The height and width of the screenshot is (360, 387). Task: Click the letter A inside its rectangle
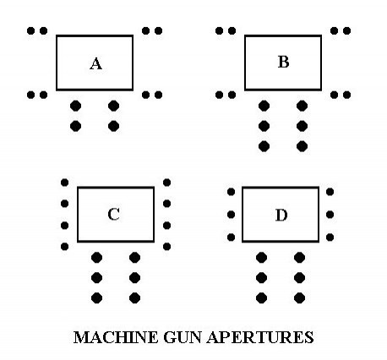point(95,63)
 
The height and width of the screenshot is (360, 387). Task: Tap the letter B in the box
point(283,62)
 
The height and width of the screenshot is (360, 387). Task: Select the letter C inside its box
point(114,214)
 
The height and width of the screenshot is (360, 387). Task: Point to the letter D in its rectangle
point(281,215)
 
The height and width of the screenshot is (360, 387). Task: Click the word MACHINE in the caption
point(116,337)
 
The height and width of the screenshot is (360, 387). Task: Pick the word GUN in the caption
point(183,337)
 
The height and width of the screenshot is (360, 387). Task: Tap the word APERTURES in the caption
point(260,337)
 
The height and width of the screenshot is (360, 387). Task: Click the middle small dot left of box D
point(231,215)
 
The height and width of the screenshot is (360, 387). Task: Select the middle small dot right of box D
point(330,215)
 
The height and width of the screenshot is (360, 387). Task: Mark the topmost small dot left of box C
point(64,183)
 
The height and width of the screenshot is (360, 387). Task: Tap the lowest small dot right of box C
point(166,247)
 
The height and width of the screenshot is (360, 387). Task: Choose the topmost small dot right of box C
point(166,183)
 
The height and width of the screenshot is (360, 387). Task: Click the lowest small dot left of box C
point(64,247)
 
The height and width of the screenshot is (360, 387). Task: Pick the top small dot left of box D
point(231,192)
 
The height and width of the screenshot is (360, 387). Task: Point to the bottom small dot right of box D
point(330,237)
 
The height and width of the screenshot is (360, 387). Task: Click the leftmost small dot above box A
point(30,30)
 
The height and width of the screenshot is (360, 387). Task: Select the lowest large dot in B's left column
point(264,146)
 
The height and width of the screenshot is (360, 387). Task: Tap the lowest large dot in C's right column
point(134,297)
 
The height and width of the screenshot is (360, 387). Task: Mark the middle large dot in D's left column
point(261,278)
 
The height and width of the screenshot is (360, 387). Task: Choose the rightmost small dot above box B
point(346,30)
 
